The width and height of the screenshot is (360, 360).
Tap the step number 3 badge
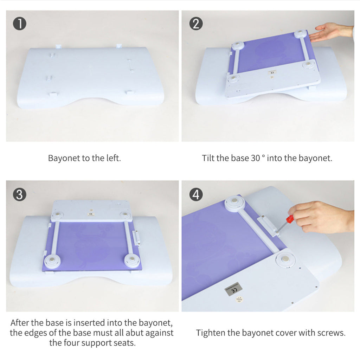click(x=20, y=194)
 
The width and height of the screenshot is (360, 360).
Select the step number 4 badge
click(x=195, y=194)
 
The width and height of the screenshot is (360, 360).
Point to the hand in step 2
click(x=329, y=32)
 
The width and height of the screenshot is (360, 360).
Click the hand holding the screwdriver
click(x=320, y=216)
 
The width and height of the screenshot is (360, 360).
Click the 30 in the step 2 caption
click(x=255, y=158)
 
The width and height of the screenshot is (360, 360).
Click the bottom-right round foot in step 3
click(x=132, y=260)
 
